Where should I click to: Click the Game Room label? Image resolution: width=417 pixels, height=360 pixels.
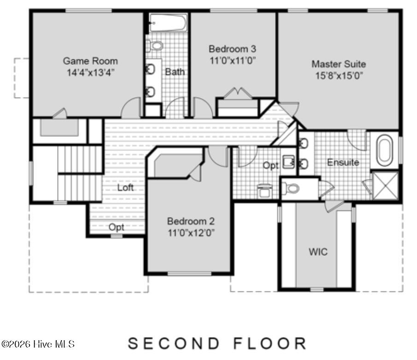90,61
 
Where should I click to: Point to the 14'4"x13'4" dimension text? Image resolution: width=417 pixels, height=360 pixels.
90,72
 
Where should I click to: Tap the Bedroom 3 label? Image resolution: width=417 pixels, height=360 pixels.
232,49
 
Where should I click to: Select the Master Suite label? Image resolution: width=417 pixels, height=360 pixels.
339,64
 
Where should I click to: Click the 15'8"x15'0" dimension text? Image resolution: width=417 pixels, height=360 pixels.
339,75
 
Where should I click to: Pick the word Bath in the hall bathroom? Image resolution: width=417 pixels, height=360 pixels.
175,72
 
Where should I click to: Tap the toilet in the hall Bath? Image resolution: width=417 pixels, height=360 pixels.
155,46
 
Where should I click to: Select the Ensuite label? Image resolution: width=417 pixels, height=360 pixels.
343,163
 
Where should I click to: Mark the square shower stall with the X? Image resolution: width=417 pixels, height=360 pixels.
385,185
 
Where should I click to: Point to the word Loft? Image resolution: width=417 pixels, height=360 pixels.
125,187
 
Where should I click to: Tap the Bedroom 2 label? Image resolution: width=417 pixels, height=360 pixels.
190,221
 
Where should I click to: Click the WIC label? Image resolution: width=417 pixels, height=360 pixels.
318,252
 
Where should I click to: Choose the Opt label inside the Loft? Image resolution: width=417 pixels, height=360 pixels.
116,227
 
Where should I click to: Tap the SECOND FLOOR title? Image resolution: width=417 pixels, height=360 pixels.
217,343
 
